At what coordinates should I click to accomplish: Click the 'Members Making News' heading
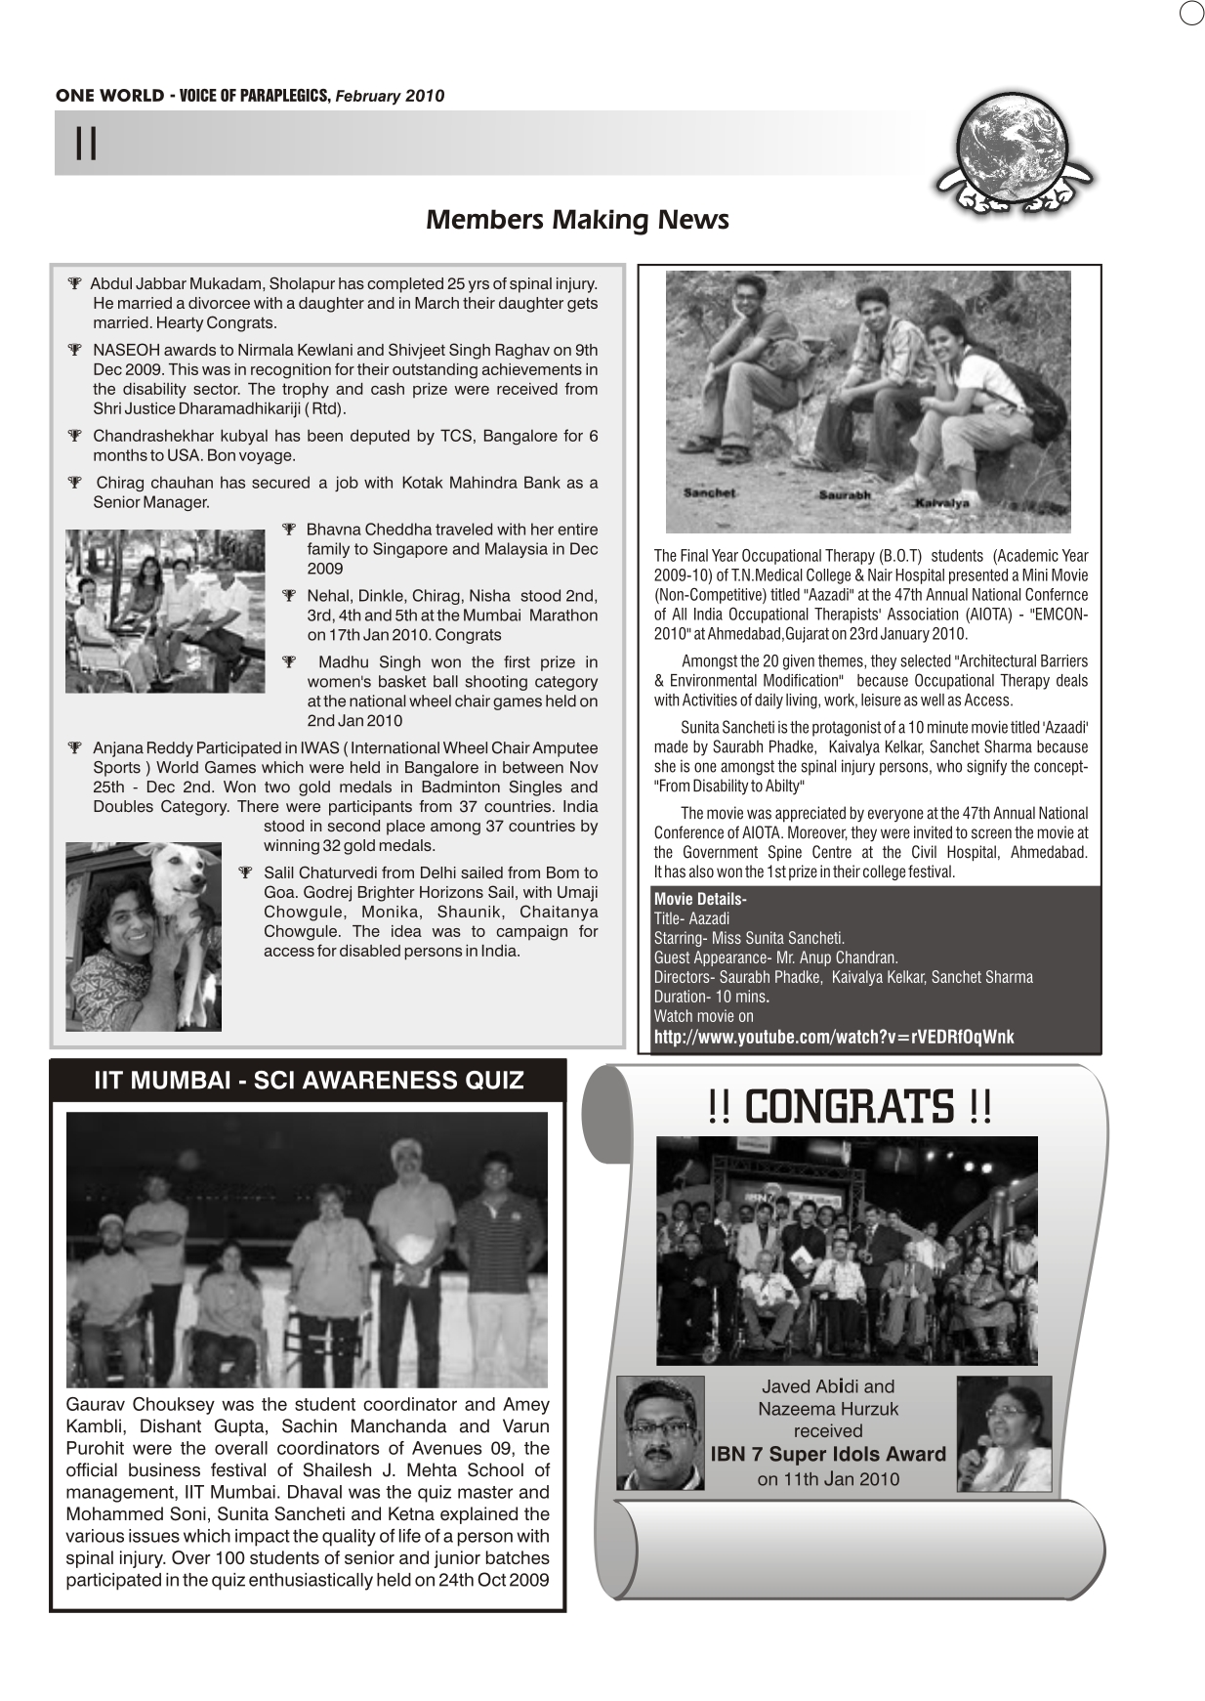pos(577,219)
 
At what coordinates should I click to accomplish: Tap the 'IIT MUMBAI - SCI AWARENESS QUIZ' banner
pos(309,1080)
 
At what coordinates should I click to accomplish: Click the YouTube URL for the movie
pos(834,1037)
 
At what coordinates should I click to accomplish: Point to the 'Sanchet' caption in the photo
pos(709,492)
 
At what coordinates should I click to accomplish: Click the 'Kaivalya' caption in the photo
pos(941,502)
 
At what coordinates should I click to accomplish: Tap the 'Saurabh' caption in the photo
pos(845,495)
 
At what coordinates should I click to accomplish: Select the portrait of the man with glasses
pos(660,1432)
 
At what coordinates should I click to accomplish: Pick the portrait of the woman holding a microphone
pos(1004,1433)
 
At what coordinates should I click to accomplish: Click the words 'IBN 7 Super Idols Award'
pos(828,1454)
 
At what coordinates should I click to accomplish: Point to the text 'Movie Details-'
pos(700,899)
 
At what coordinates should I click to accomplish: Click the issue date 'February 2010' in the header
pos(390,96)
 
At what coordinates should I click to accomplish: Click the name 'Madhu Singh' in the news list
pos(360,662)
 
